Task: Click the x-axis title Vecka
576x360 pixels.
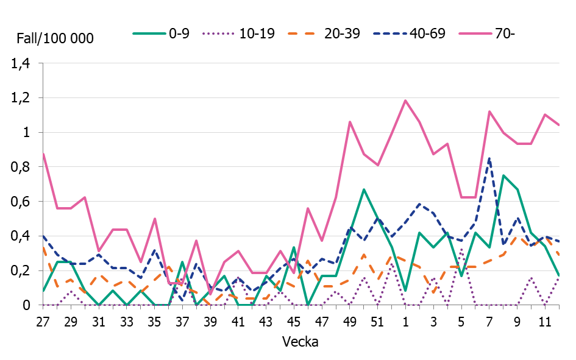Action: coord(300,342)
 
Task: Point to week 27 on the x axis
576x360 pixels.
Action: coord(43,321)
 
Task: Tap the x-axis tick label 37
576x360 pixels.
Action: coord(182,321)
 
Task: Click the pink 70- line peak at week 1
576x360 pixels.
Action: coord(405,101)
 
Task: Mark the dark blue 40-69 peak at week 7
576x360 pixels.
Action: coord(489,158)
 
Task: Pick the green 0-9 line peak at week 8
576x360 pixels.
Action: coord(503,175)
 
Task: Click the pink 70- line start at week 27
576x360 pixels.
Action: coord(43,154)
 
